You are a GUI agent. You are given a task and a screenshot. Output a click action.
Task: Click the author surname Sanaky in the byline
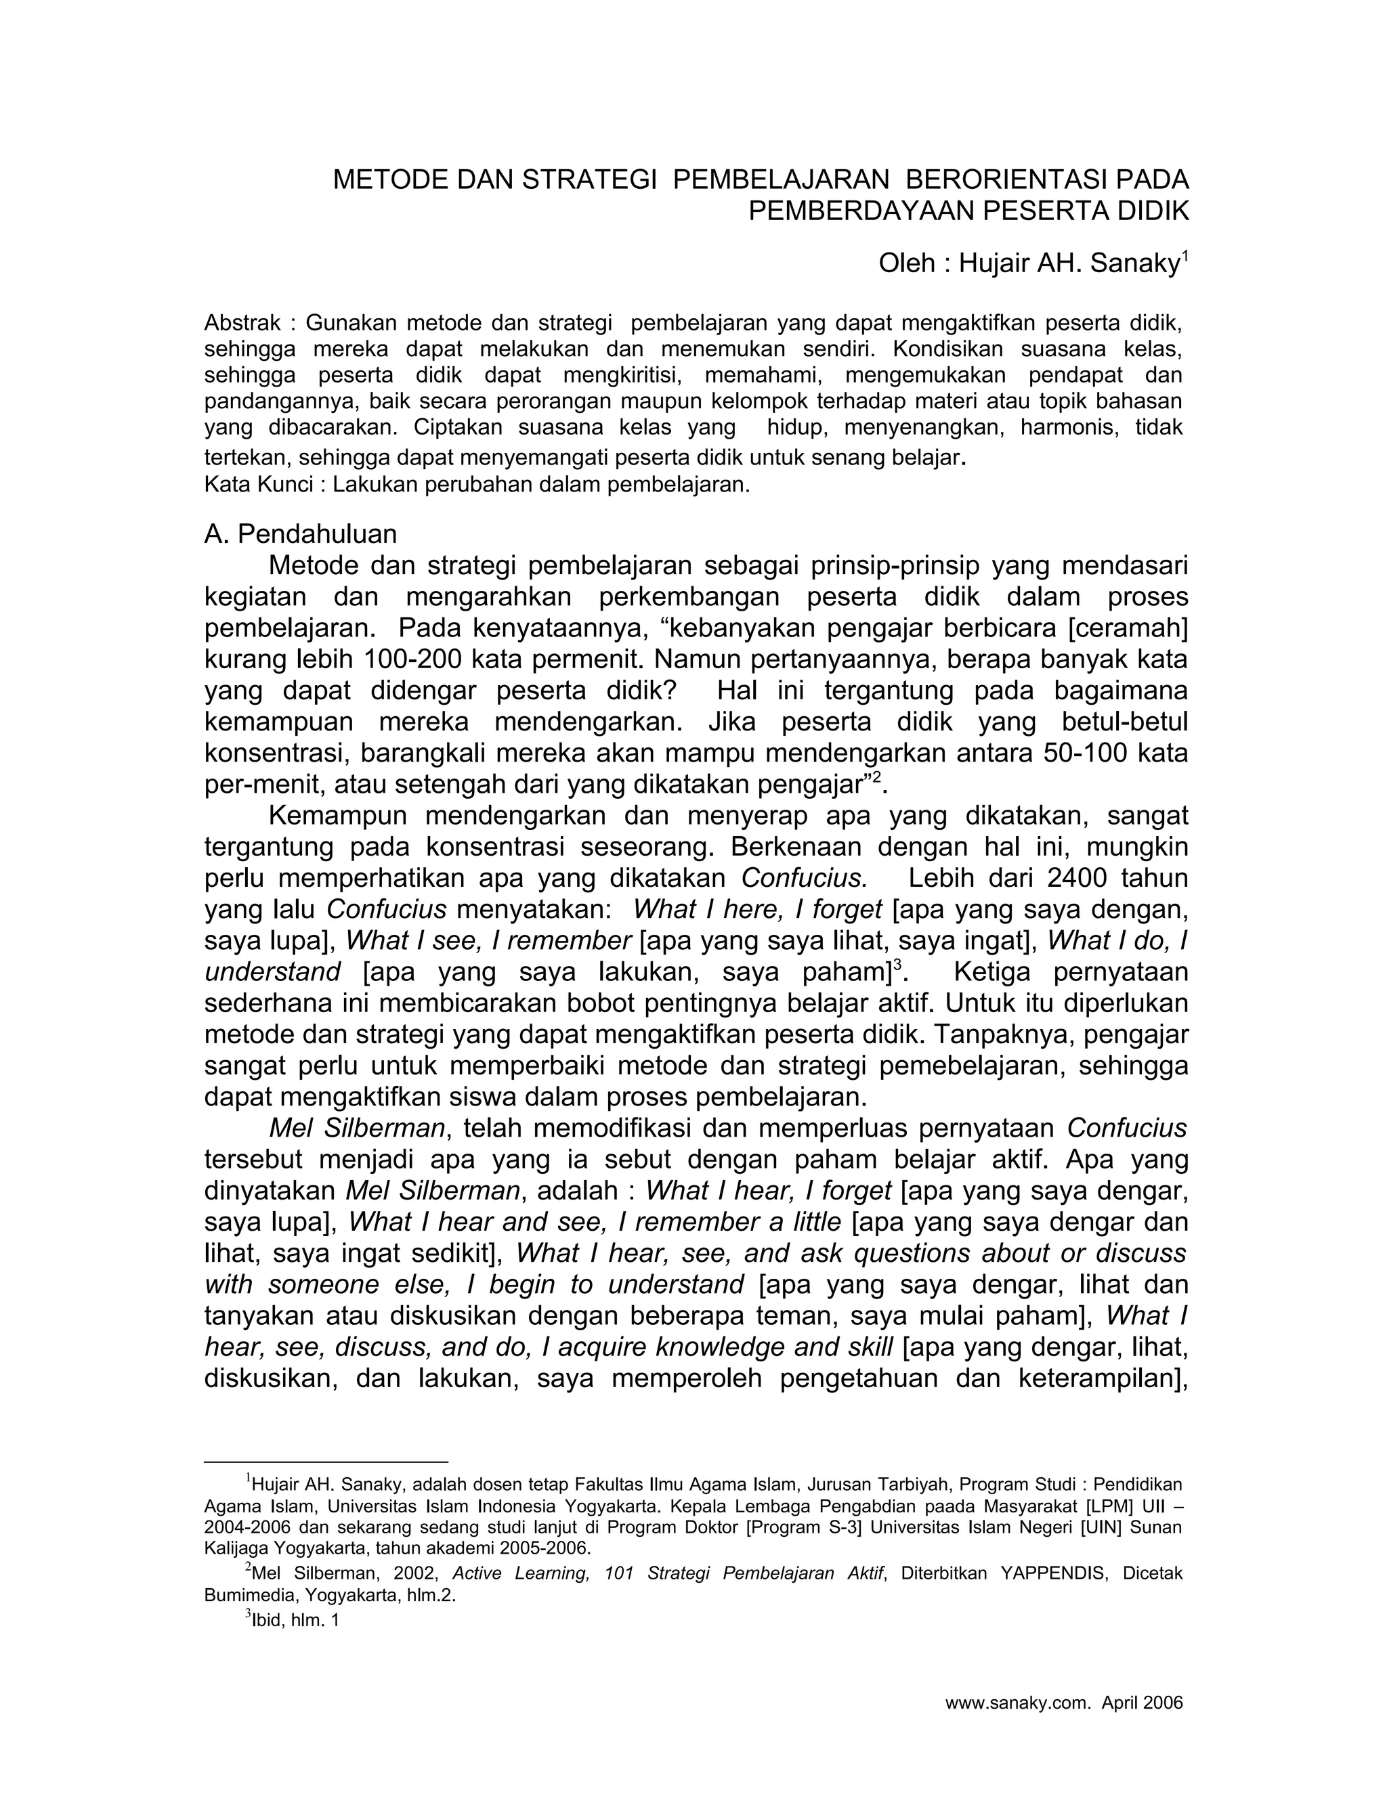pyautogui.click(x=1135, y=265)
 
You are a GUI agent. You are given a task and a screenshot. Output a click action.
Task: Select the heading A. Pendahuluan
pyautogui.click(x=300, y=535)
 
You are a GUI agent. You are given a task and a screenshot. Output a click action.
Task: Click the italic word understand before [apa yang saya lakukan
pyautogui.click(x=272, y=973)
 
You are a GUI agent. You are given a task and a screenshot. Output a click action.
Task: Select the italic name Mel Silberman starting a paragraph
pyautogui.click(x=358, y=1129)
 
